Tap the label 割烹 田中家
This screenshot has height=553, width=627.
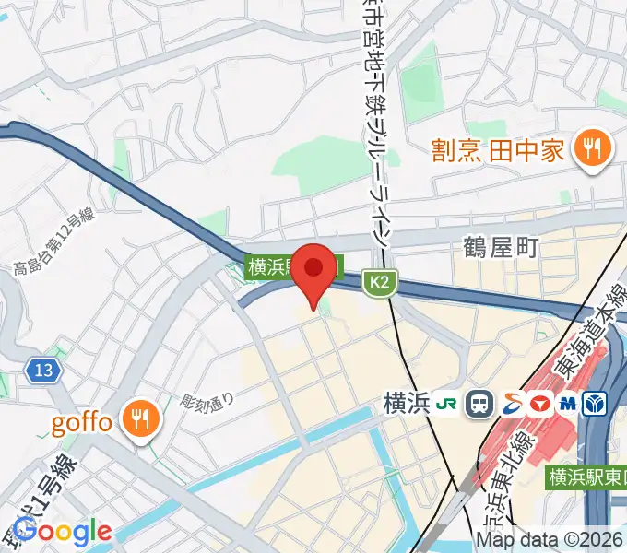click(500, 150)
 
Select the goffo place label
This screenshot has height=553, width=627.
click(81, 423)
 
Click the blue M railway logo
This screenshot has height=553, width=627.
click(566, 404)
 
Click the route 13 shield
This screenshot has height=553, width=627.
click(44, 371)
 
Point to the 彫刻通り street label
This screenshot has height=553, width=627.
click(208, 402)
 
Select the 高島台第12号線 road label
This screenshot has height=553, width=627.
click(54, 242)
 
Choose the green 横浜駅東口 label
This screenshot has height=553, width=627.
click(586, 477)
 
